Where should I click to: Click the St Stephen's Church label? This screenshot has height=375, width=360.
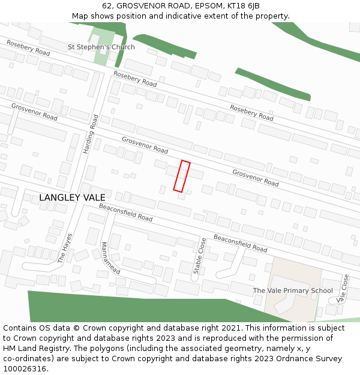[x=101, y=47]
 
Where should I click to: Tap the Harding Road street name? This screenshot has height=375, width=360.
[x=90, y=134]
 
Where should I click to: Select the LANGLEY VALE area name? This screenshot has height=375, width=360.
[x=72, y=197]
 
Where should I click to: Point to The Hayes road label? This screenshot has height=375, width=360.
[x=65, y=248]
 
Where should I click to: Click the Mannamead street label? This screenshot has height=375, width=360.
[x=110, y=258]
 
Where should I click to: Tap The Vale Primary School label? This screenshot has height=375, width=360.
[x=293, y=291]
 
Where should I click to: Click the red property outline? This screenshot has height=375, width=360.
[x=182, y=176]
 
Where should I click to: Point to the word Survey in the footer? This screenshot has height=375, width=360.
[x=307, y=359]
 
